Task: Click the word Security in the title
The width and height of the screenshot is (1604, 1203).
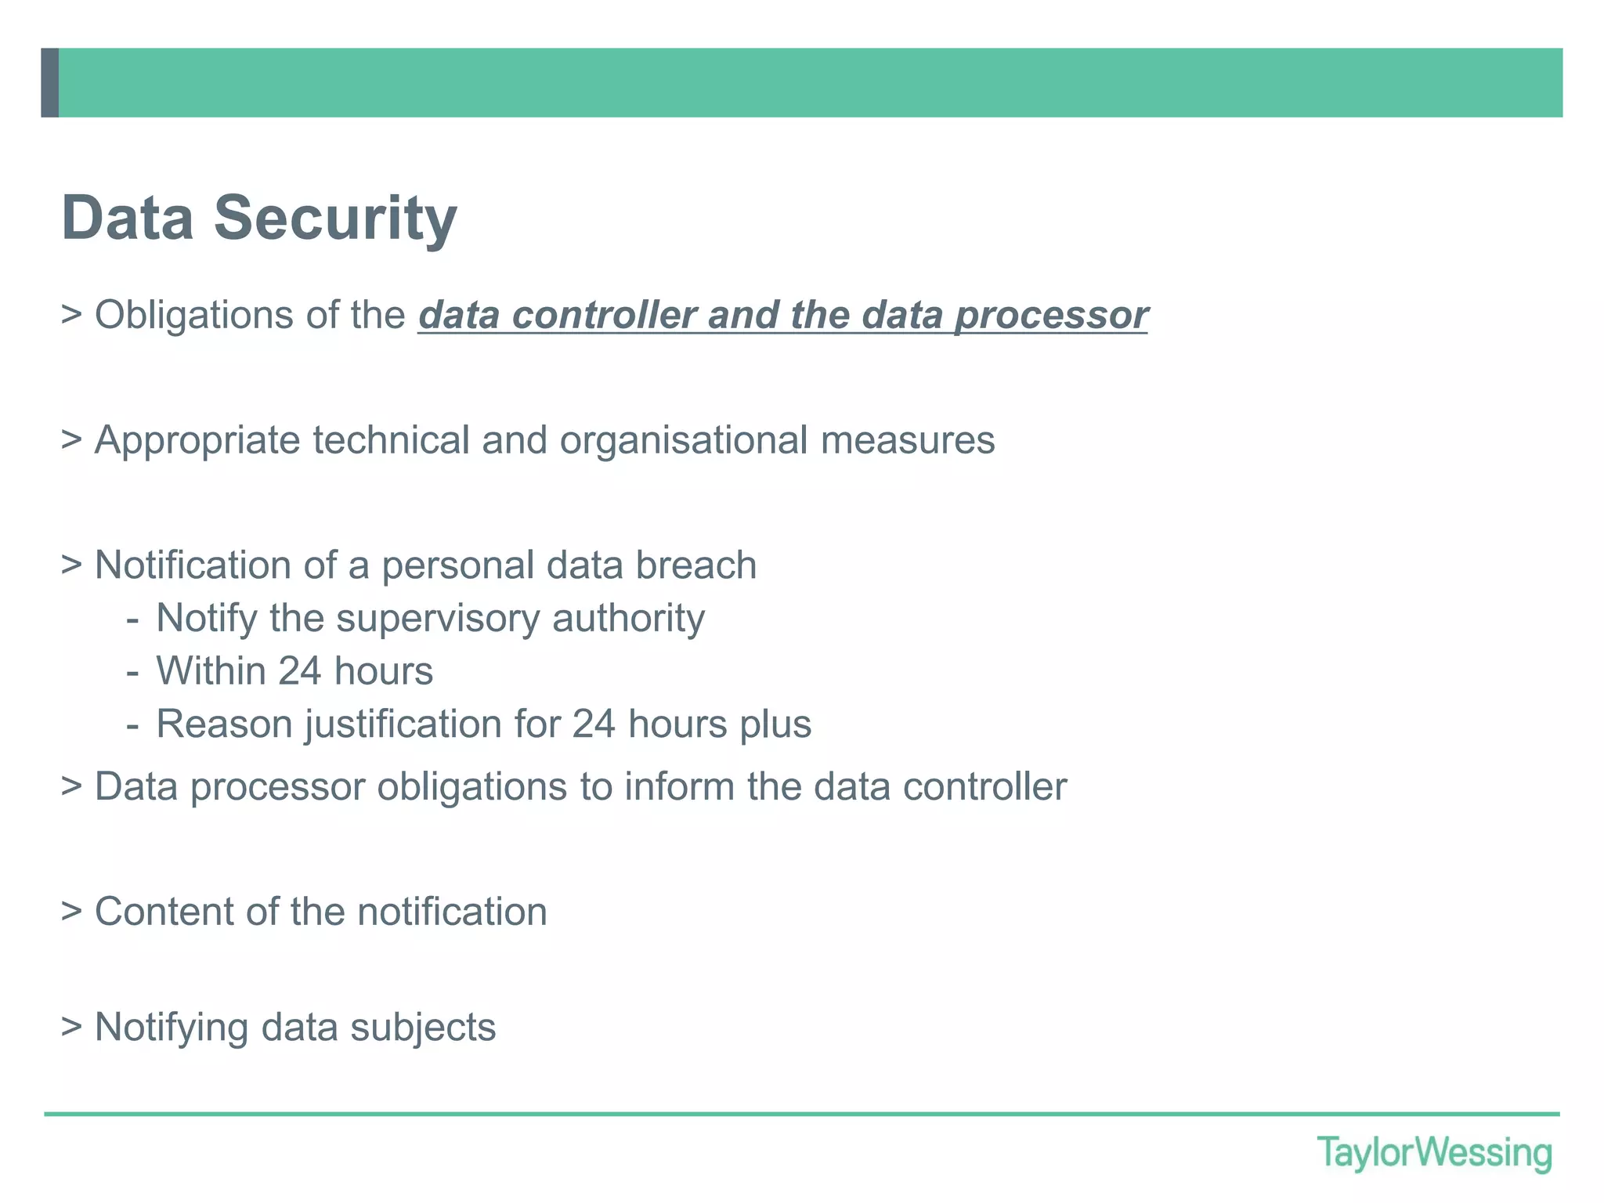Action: [x=335, y=218]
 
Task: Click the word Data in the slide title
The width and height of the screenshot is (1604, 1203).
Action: [x=127, y=218]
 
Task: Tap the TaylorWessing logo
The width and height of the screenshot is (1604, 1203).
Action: [x=1434, y=1154]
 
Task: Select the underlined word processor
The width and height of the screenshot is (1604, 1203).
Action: [x=1051, y=316]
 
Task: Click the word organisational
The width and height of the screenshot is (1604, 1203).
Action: [x=683, y=440]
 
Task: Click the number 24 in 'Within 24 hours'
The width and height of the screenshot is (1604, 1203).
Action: [x=299, y=672]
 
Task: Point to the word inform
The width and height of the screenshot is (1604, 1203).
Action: [x=680, y=787]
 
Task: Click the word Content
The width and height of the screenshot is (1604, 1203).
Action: [x=164, y=912]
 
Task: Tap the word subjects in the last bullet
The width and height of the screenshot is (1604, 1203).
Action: [x=423, y=1028]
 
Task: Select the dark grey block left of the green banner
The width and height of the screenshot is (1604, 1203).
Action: [x=49, y=83]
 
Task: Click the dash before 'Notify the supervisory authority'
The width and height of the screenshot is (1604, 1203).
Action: [x=132, y=620]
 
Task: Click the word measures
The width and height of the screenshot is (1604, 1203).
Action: [x=908, y=440]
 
